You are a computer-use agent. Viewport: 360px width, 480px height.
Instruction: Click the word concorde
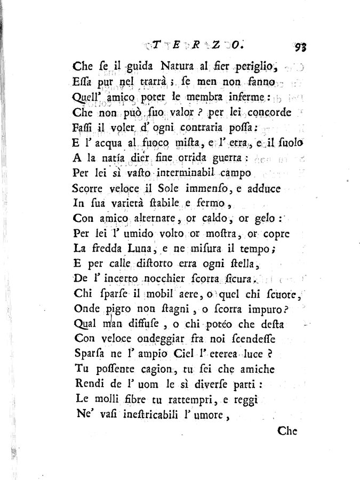253,113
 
